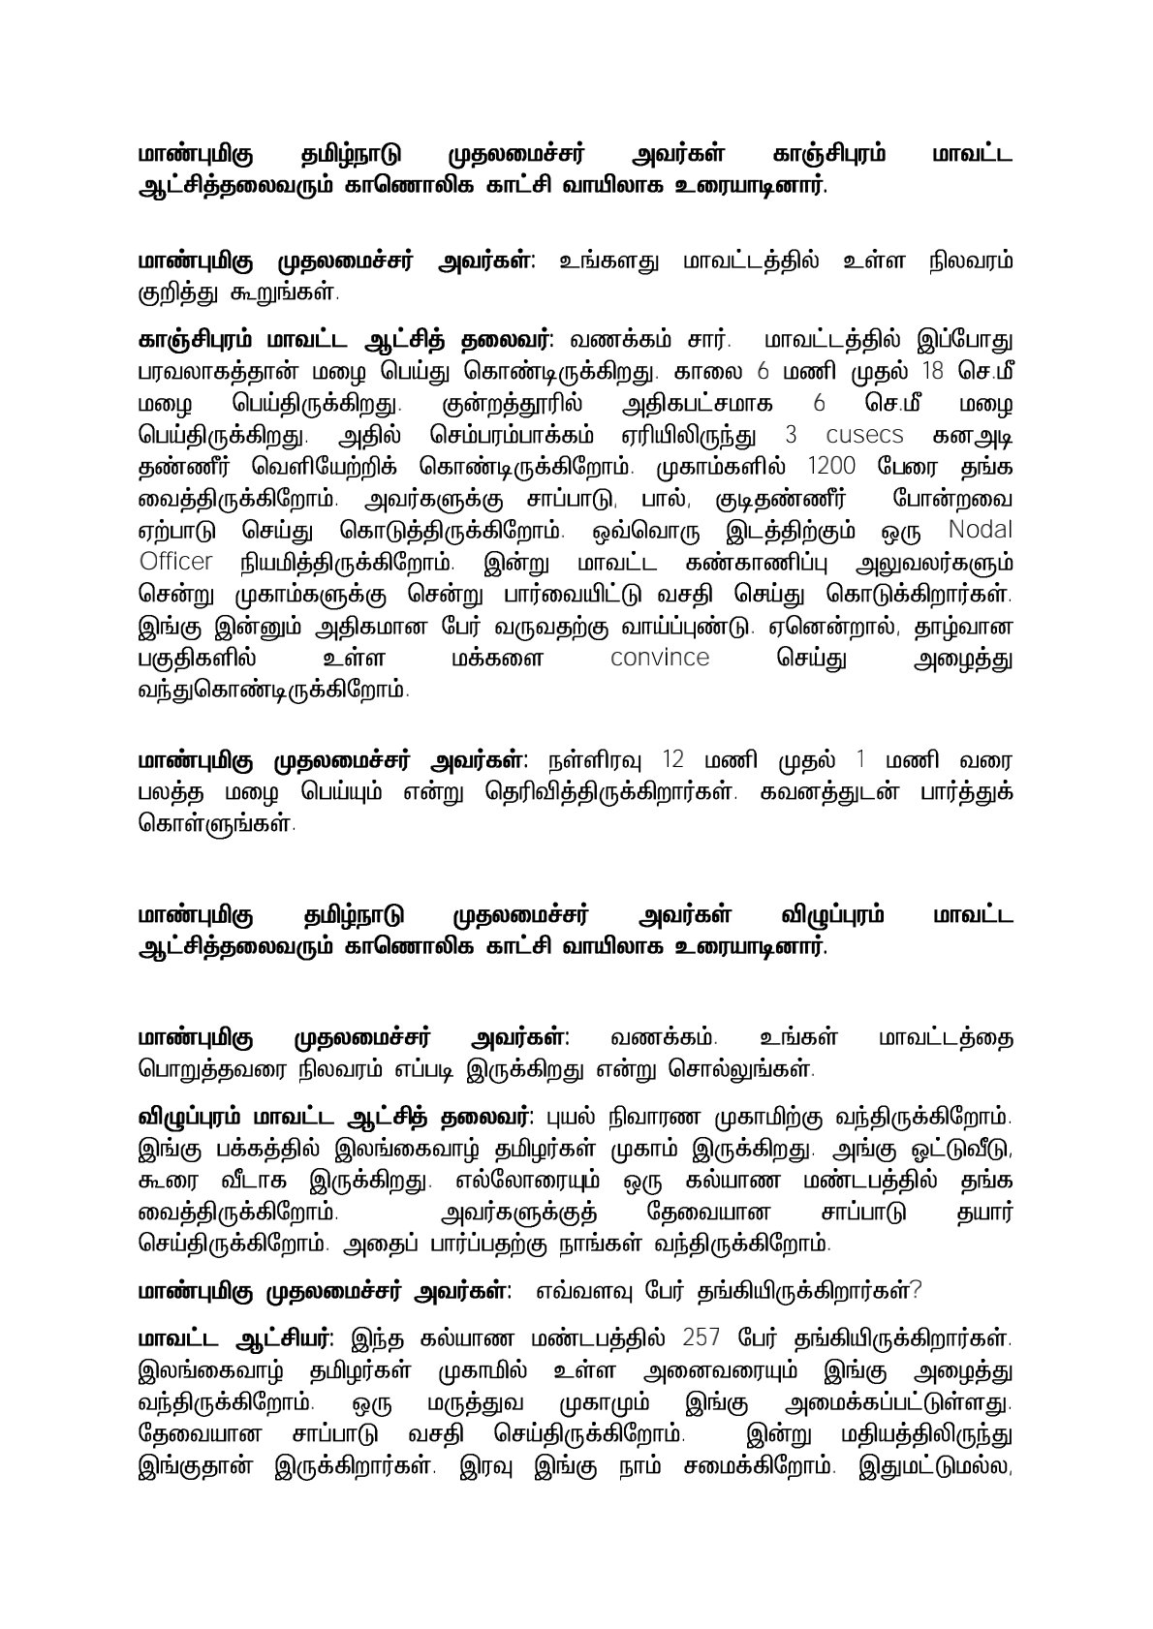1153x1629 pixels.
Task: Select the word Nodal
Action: [980, 530]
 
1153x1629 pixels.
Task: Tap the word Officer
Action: [175, 562]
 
